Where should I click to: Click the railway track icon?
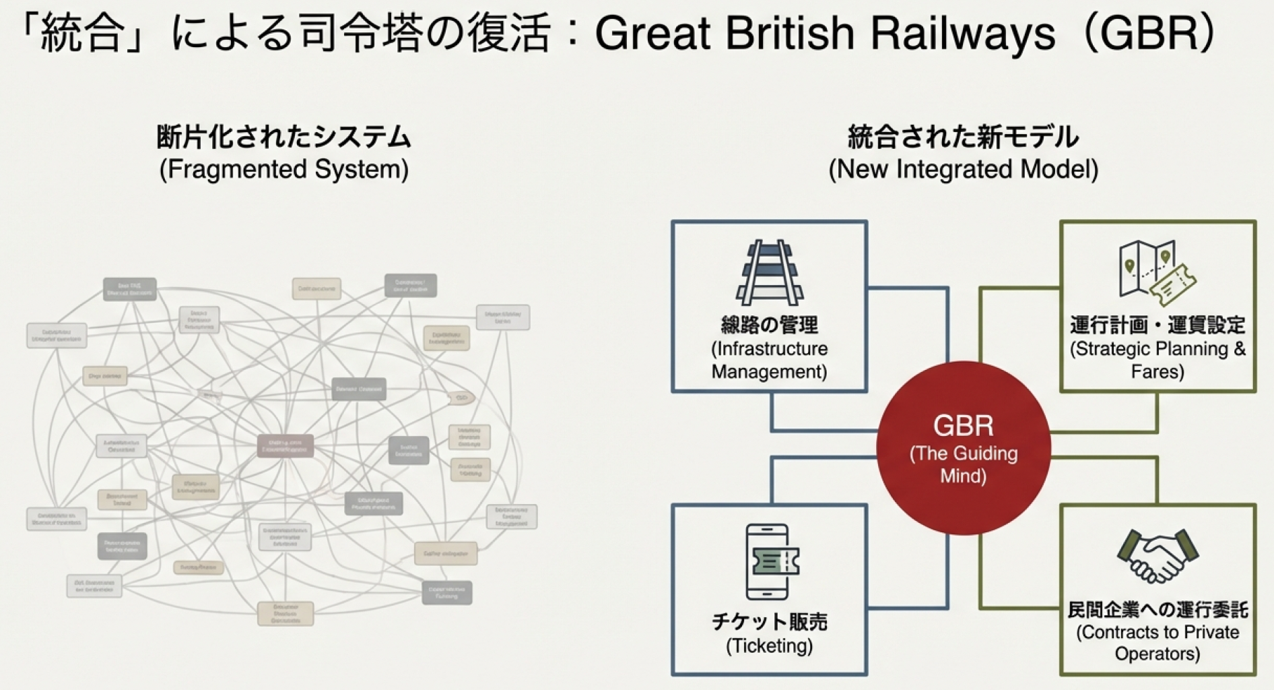coord(769,272)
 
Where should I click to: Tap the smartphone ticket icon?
coord(769,562)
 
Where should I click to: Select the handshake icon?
coord(1158,555)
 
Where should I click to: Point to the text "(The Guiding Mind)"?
coord(963,464)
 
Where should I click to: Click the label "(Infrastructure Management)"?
coord(769,360)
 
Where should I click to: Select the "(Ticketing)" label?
coord(769,646)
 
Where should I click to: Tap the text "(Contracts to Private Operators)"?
coord(1158,643)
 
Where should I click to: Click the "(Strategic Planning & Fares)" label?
coord(1158,360)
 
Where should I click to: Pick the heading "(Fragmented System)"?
coord(283,169)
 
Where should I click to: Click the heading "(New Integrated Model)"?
coord(963,169)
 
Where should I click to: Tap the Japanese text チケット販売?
coord(769,621)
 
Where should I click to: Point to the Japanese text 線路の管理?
coord(769,325)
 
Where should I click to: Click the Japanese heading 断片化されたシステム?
coord(283,137)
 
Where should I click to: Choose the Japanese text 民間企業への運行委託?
coord(1158,610)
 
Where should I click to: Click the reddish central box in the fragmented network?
coord(285,445)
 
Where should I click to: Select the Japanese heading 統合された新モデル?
coord(963,137)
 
